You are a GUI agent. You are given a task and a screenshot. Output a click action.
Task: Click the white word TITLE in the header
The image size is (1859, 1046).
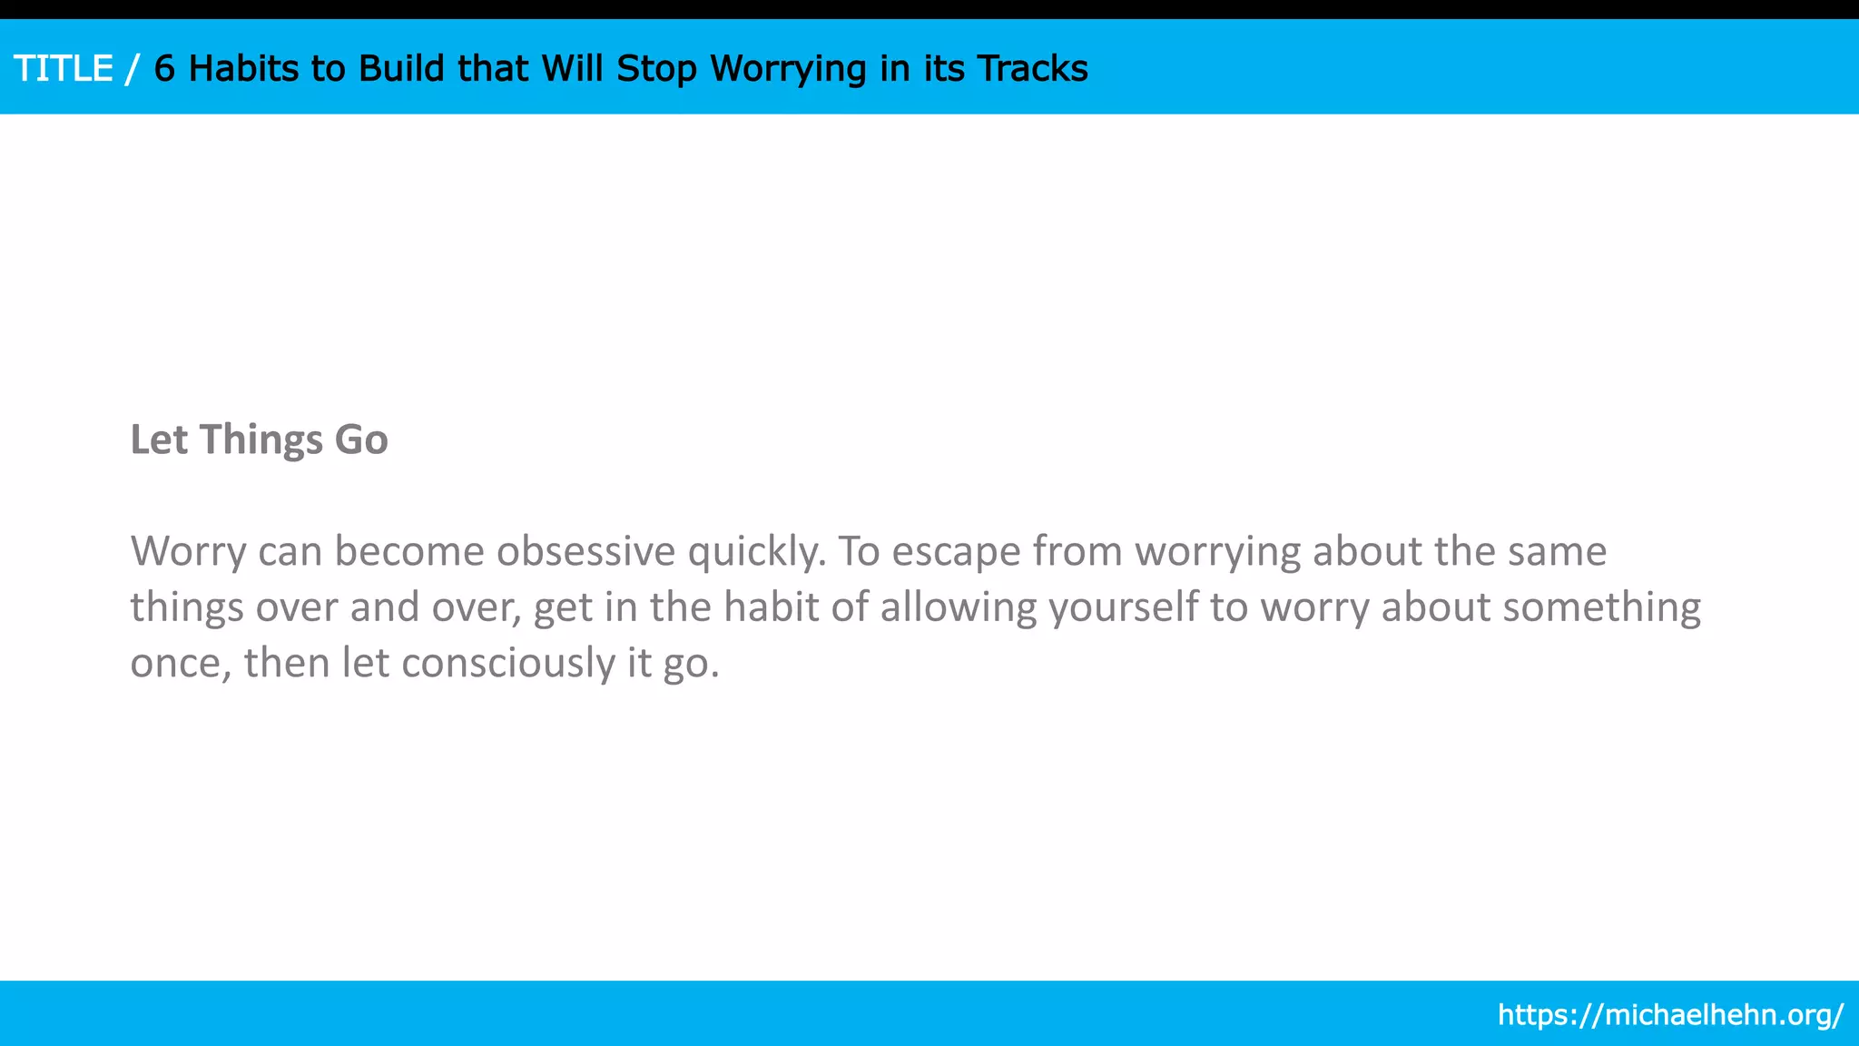click(x=64, y=69)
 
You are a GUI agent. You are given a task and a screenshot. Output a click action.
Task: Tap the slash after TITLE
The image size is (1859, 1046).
click(x=133, y=69)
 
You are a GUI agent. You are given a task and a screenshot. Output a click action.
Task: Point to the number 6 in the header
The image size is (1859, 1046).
click(x=164, y=69)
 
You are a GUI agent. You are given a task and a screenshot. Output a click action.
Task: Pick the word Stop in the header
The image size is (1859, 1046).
click(x=656, y=69)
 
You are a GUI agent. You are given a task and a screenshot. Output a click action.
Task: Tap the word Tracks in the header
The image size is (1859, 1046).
click(x=1033, y=69)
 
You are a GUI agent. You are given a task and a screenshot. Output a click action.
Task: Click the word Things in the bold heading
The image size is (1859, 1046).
click(x=261, y=440)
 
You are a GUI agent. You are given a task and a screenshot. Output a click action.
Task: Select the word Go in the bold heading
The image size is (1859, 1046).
click(x=361, y=440)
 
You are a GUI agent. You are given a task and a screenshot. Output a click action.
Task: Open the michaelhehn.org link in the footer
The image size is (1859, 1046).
click(x=1670, y=1014)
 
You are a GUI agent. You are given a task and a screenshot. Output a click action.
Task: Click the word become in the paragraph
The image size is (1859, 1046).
click(x=409, y=551)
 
